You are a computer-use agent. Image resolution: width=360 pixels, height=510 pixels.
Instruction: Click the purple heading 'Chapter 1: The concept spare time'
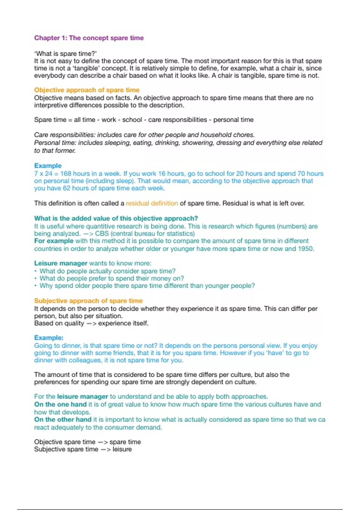(x=89, y=38)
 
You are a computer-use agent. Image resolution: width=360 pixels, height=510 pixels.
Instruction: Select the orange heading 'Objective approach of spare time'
(x=87, y=90)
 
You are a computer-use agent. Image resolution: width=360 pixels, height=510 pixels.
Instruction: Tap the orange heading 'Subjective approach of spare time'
(x=88, y=301)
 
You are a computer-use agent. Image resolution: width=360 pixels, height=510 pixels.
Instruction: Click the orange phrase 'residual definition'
(x=152, y=203)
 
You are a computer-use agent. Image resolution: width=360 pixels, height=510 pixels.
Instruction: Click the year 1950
(x=305, y=249)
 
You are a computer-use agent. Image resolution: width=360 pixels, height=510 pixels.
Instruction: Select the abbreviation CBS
(x=102, y=233)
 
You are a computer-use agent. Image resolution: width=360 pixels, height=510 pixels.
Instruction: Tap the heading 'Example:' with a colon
(x=49, y=337)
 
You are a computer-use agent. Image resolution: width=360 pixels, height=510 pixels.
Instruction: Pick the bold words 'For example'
(x=54, y=241)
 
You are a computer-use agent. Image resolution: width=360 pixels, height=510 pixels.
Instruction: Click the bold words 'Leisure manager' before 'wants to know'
(x=61, y=263)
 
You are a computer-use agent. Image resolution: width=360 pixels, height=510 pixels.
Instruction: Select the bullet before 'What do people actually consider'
(x=36, y=271)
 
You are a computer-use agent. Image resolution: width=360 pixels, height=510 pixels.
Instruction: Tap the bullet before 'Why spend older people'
(x=36, y=286)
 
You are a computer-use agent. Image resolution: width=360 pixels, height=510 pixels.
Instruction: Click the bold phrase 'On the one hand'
(x=60, y=404)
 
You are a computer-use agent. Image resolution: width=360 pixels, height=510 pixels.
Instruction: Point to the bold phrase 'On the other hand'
(x=63, y=419)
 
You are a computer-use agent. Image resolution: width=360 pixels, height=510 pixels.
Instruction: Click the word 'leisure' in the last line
(x=122, y=449)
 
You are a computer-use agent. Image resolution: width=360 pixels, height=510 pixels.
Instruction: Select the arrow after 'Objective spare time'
(x=102, y=442)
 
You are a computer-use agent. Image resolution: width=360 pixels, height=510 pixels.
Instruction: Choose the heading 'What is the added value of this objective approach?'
(x=116, y=218)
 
